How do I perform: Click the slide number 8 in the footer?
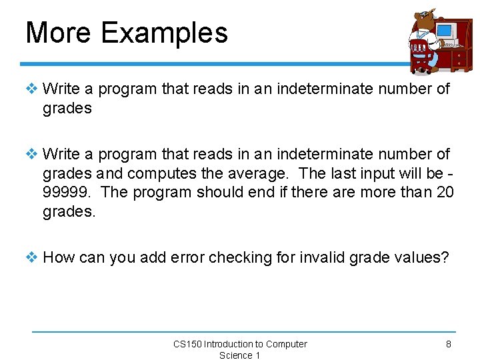[449, 344]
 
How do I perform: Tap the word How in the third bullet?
[59, 257]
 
